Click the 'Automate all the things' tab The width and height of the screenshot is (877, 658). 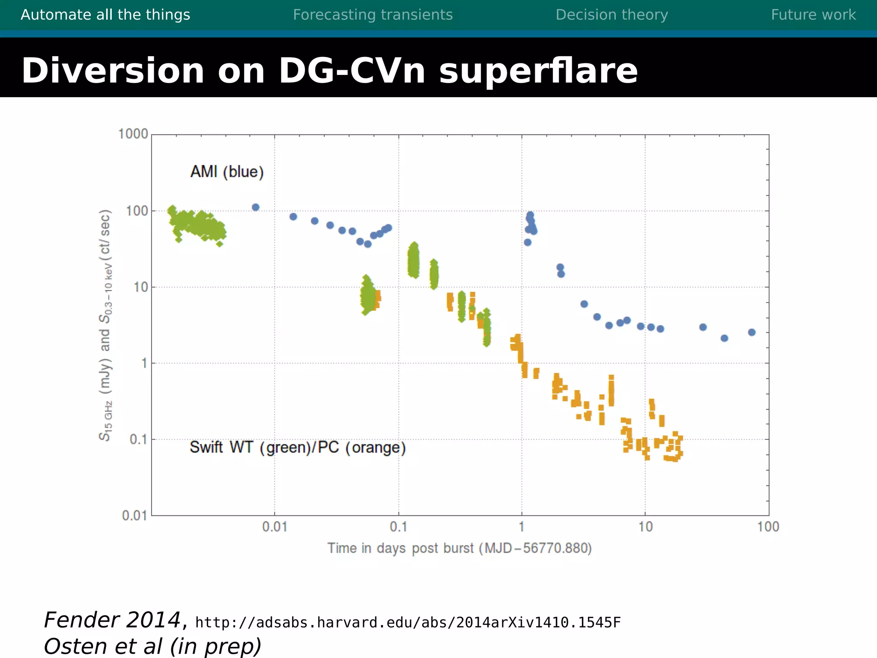(x=105, y=15)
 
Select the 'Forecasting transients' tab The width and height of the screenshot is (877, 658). (x=373, y=15)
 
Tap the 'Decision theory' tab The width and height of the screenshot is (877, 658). (x=612, y=15)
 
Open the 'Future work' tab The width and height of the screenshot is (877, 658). (x=813, y=15)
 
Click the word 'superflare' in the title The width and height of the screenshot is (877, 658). (x=538, y=71)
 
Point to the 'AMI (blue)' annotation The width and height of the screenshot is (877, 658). (x=227, y=172)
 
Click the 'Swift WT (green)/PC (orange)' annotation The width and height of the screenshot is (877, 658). (x=298, y=447)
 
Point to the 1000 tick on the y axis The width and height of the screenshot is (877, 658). (x=133, y=134)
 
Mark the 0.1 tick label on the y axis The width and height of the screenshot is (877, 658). (x=138, y=440)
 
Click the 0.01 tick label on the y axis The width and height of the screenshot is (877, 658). (x=134, y=515)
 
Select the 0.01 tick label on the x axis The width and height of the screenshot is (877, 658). (x=274, y=527)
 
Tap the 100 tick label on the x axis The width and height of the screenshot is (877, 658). (x=768, y=527)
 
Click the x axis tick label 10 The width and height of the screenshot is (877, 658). (x=645, y=527)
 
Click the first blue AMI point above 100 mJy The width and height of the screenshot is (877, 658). (x=256, y=207)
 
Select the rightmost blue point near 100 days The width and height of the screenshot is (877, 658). (x=752, y=332)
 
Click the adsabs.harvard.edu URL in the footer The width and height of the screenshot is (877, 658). (x=408, y=622)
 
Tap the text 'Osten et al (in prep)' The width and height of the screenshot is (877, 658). (x=152, y=646)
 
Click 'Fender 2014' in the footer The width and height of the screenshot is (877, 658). (x=112, y=620)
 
